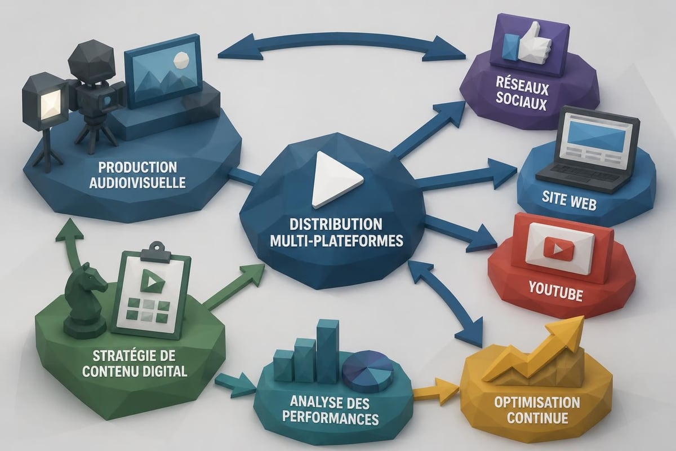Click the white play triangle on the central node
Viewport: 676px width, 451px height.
333,180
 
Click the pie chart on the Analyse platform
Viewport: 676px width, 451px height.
367,372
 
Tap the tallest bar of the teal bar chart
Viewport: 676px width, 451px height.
328,351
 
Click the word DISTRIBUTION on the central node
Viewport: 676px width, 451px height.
336,224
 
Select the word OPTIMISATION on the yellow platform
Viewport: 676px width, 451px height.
537,403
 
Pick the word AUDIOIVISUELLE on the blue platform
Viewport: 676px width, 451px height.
137,183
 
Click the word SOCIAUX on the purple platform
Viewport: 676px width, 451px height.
521,103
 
